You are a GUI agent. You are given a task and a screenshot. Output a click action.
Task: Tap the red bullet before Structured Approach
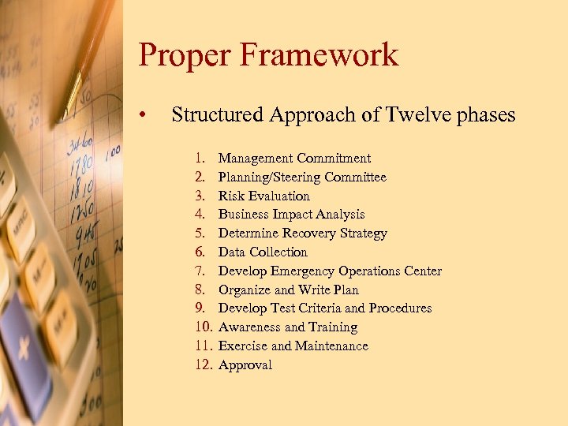click(x=142, y=116)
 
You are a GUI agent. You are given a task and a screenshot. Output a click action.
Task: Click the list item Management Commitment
click(x=294, y=159)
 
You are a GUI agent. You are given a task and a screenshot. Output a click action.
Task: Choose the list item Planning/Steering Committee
click(x=302, y=177)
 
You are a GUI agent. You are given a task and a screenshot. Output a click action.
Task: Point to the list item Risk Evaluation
click(x=263, y=196)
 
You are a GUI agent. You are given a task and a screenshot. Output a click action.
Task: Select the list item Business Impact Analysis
click(x=291, y=215)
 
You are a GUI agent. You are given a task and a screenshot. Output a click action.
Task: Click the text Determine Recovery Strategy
click(x=302, y=234)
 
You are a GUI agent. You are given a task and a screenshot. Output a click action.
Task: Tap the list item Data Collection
click(x=263, y=252)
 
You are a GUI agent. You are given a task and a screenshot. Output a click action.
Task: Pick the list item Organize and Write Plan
click(x=288, y=290)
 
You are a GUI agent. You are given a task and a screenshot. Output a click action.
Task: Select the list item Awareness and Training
click(x=287, y=327)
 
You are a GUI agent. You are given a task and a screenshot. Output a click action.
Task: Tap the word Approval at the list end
click(x=245, y=365)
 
